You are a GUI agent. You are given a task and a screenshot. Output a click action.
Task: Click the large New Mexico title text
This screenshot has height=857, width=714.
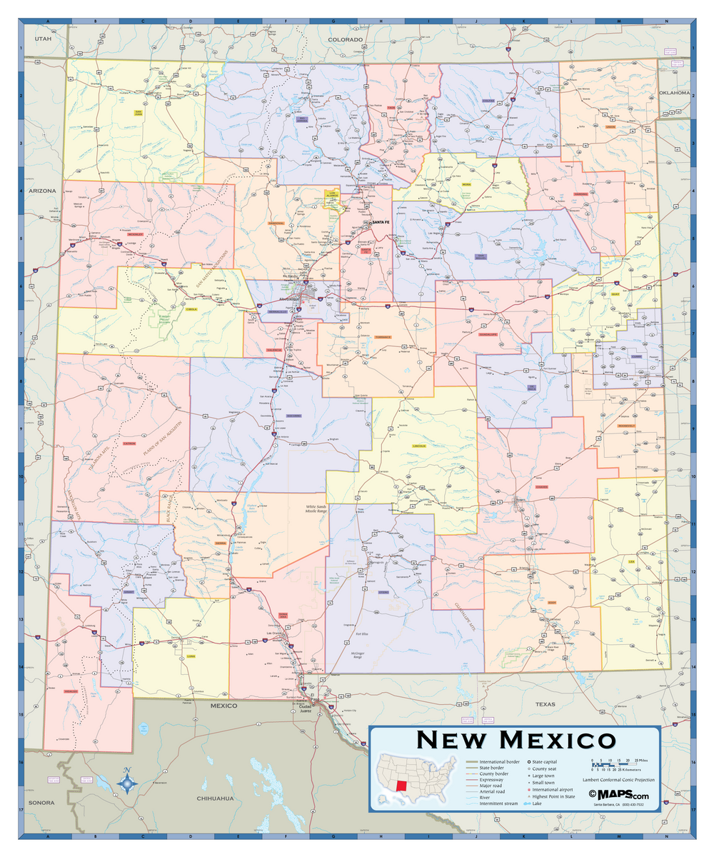click(515, 739)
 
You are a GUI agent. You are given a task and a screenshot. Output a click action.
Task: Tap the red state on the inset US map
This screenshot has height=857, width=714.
click(404, 785)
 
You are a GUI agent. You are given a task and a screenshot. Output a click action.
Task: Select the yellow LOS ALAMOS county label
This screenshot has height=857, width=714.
click(332, 194)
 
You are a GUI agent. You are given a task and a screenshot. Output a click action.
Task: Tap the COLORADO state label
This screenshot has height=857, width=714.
click(346, 39)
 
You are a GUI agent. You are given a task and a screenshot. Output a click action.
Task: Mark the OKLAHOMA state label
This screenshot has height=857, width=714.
click(674, 93)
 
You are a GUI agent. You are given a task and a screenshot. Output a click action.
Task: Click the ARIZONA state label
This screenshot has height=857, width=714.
click(42, 191)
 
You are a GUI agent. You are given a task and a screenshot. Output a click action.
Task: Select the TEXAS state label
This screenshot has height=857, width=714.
click(545, 704)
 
